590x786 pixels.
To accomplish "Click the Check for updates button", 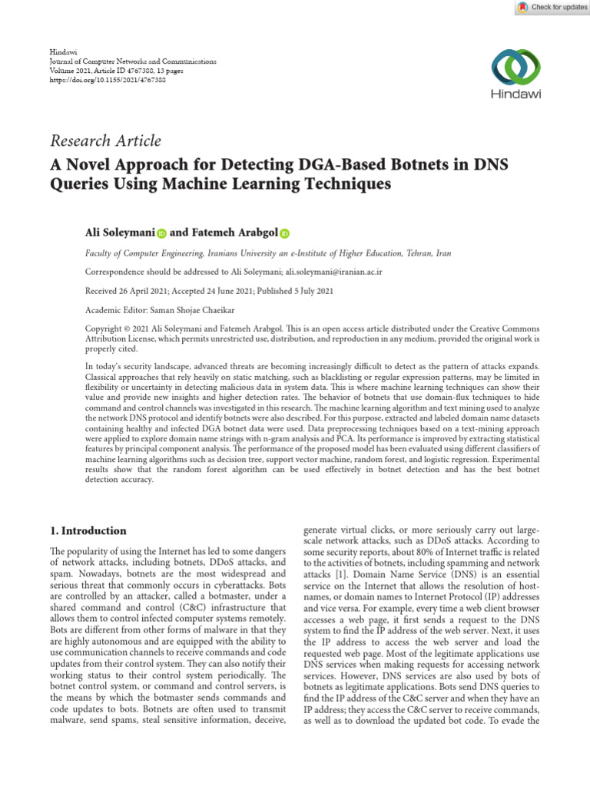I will click(x=550, y=7).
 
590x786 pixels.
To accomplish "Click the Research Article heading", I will click(x=105, y=140).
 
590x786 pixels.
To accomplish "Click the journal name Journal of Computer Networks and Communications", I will click(x=132, y=61).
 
